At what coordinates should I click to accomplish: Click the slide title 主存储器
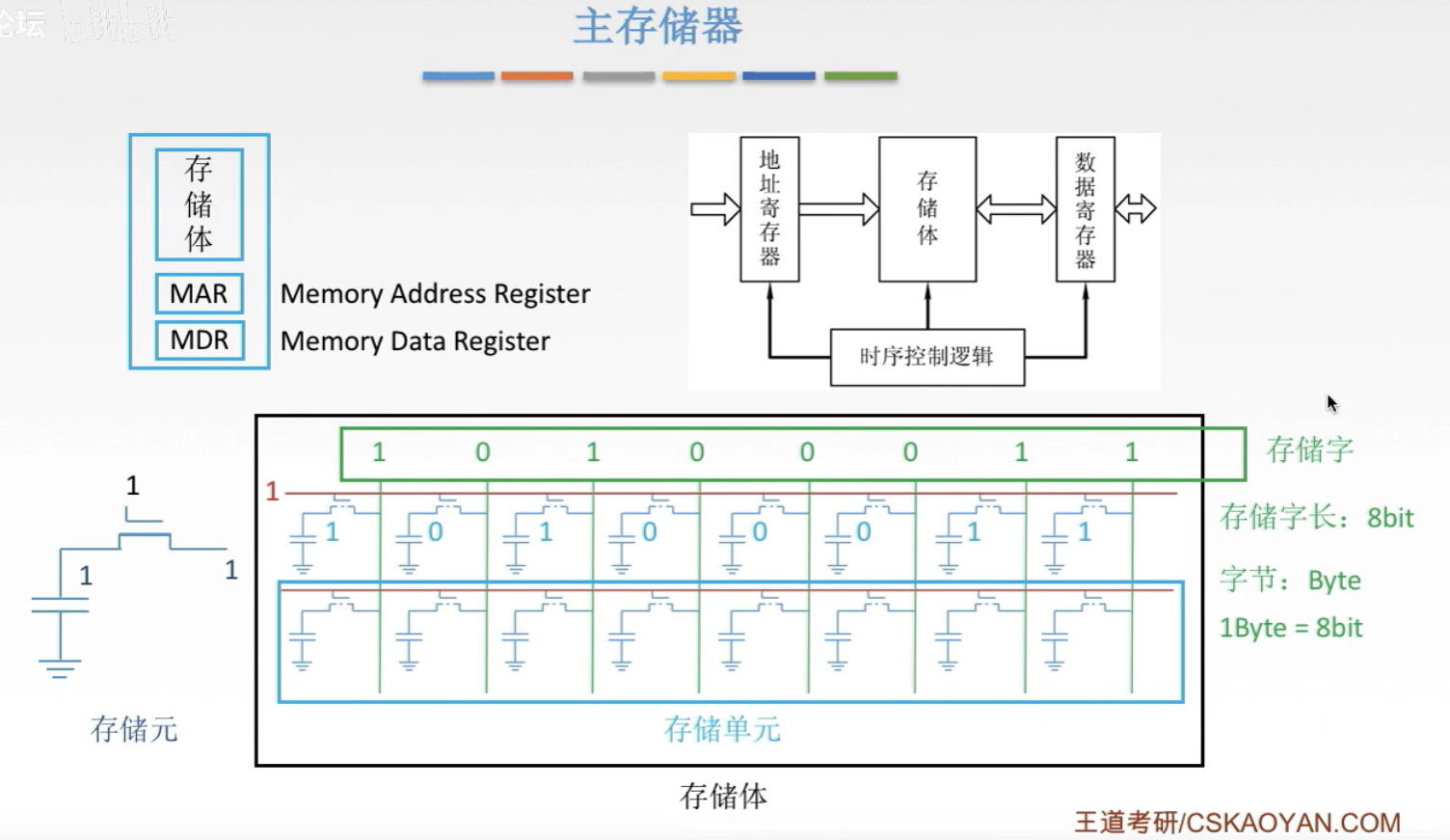[658, 27]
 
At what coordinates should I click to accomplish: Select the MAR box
[200, 293]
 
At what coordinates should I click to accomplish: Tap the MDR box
[200, 340]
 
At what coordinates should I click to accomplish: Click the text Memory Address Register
[435, 294]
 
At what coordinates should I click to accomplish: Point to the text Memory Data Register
[415, 341]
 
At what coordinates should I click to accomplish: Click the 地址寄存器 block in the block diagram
[769, 208]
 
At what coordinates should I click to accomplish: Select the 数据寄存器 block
[1086, 209]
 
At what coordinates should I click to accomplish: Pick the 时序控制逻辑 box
[926, 357]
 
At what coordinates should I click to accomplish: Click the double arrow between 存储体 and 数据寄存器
[1016, 209]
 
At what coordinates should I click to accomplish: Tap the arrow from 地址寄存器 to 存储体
[839, 209]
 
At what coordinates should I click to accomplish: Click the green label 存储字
[1309, 449]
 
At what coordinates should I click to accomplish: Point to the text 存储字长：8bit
[1316, 518]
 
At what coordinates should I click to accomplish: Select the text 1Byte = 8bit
[1291, 628]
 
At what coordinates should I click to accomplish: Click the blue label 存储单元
[722, 729]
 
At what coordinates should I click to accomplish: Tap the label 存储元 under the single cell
[134, 729]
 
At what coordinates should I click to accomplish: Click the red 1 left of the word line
[272, 492]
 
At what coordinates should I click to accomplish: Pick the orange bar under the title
[537, 76]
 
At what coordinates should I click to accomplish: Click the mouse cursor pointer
[1331, 403]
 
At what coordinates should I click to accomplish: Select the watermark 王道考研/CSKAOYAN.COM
[1237, 823]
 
